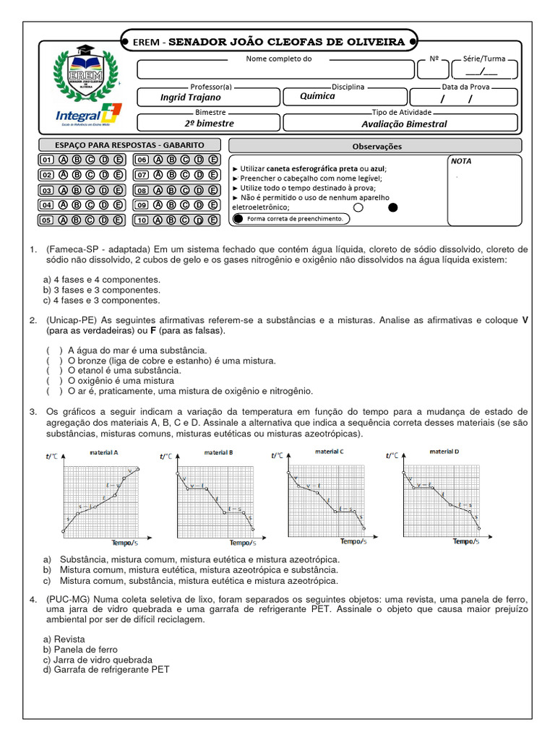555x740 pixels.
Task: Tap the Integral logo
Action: [x=88, y=115]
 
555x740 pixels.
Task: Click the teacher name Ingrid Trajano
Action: [x=191, y=97]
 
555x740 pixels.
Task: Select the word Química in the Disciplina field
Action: [x=318, y=96]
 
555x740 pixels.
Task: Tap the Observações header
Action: [x=377, y=146]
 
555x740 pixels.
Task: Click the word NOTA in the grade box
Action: [x=461, y=161]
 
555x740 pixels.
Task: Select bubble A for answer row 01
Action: [x=64, y=160]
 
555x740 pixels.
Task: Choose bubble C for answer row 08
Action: [x=185, y=190]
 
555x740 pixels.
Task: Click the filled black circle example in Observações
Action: [x=393, y=207]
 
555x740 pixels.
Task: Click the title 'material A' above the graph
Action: [x=104, y=452]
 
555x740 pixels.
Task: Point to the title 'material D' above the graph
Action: [x=444, y=451]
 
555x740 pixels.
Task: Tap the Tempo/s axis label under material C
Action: [x=353, y=541]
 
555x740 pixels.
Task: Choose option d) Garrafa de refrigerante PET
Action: [x=106, y=670]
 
